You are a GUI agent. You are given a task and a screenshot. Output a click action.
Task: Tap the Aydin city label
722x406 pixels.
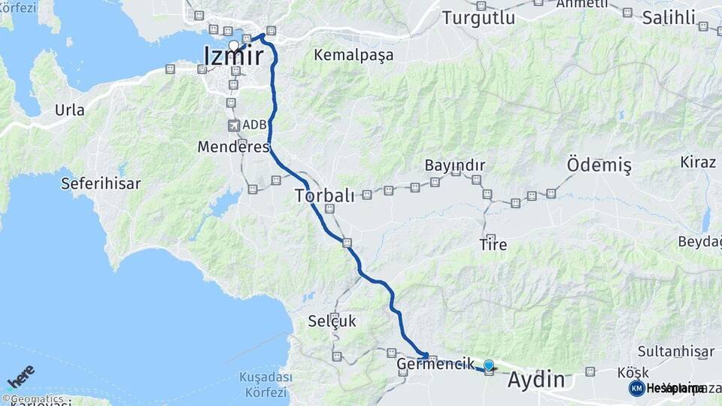click(x=536, y=380)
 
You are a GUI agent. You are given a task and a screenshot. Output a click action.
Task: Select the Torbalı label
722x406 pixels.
click(x=324, y=196)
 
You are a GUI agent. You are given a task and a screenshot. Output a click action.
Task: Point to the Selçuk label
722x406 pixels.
click(x=332, y=321)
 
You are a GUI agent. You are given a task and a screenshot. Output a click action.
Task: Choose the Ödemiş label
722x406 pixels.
click(x=599, y=165)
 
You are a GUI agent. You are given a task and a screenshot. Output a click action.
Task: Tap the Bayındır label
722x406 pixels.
click(x=454, y=165)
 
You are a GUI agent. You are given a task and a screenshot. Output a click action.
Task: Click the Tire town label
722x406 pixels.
click(x=493, y=244)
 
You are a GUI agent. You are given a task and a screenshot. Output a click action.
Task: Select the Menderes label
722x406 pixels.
click(x=233, y=147)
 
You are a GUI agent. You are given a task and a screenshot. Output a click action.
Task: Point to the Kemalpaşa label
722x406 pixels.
click(x=353, y=55)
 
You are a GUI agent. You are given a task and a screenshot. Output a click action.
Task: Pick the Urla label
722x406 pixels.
click(x=69, y=110)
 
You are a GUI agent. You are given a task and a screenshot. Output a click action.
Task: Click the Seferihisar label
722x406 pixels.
click(x=96, y=183)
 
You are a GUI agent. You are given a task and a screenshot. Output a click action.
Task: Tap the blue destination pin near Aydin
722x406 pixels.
click(x=489, y=365)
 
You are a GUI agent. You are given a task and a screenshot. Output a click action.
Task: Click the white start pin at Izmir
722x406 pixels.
click(x=234, y=46)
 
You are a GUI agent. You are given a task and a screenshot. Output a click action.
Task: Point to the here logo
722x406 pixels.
click(x=20, y=377)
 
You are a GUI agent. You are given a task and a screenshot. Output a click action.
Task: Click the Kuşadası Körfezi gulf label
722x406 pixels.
click(x=262, y=384)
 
